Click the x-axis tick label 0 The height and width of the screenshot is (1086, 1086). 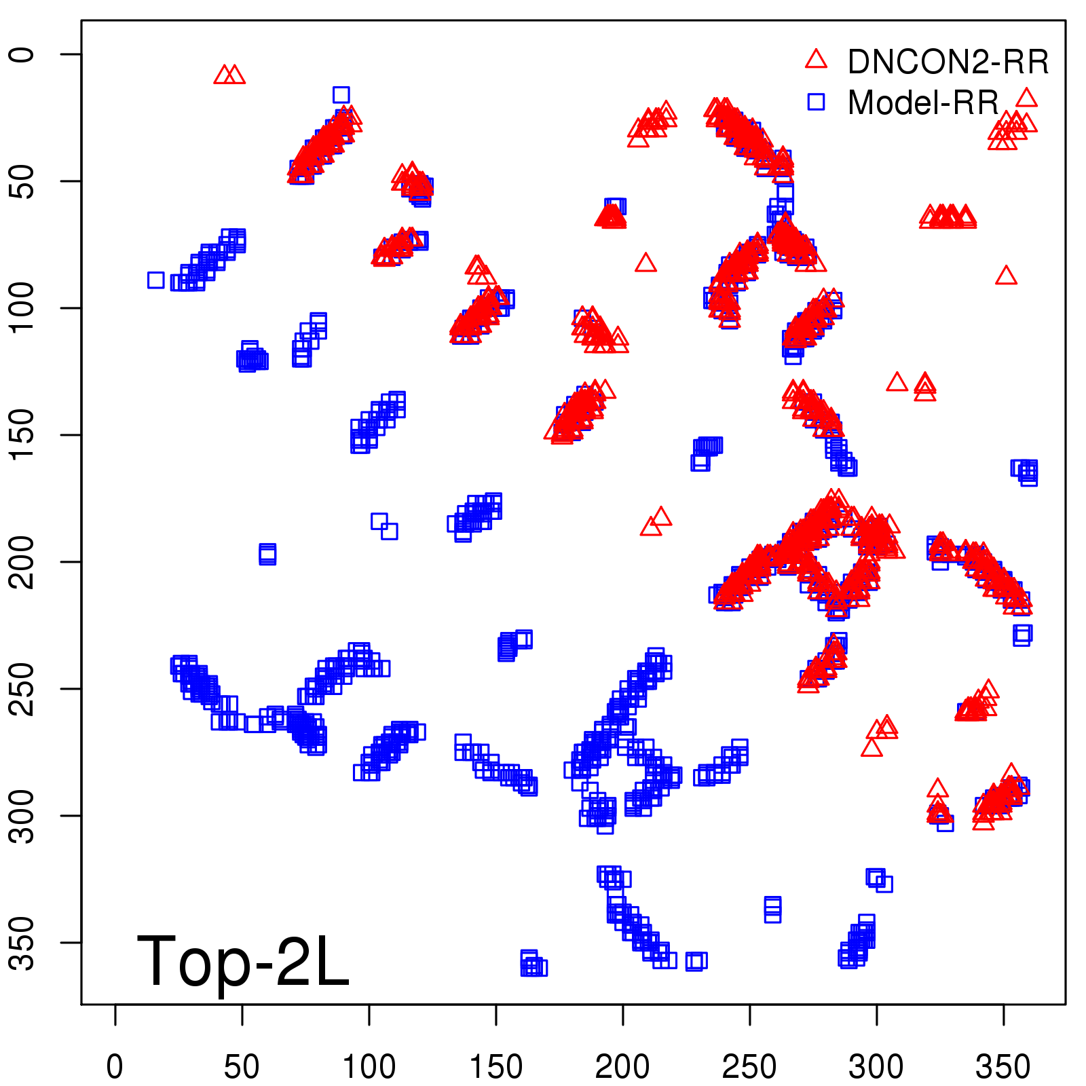point(115,1066)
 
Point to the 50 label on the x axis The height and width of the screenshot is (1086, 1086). point(242,1066)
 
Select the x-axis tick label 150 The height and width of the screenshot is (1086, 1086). point(496,1066)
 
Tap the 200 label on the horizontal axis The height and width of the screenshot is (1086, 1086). point(622,1066)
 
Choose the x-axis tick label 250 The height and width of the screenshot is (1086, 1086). point(749,1066)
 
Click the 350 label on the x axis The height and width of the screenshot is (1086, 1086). point(1003,1066)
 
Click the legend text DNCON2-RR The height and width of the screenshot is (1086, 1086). point(948,62)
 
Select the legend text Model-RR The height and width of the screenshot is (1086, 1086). point(923,103)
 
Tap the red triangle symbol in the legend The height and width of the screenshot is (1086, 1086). point(816,60)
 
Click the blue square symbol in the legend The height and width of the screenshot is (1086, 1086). point(816,102)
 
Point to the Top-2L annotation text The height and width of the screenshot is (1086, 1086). point(242,960)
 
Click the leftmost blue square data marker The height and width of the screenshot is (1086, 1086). point(155,280)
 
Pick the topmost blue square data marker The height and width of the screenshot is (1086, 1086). point(341,94)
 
